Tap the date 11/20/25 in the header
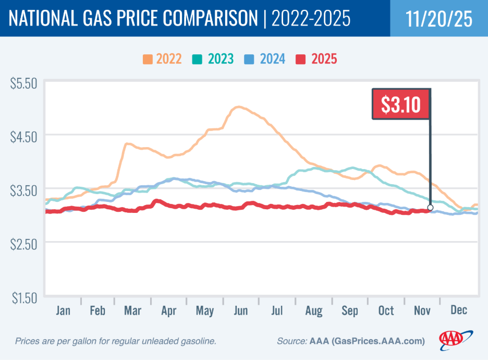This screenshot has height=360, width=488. click(x=439, y=18)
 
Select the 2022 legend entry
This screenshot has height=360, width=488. click(x=162, y=58)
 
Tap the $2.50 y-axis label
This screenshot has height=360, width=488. click(x=24, y=244)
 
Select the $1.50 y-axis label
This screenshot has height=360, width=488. click(x=24, y=298)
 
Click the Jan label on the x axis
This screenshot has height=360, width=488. click(x=63, y=310)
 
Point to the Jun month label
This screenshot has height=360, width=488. click(x=241, y=310)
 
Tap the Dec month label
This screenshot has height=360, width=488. click(x=459, y=310)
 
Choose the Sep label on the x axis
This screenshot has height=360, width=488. click(x=349, y=310)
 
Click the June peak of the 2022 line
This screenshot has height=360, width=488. click(x=238, y=107)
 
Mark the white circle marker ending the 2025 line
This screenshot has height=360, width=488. click(x=430, y=208)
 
